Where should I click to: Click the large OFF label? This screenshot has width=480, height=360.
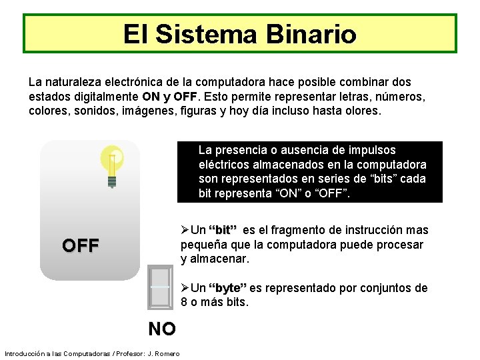click(81, 245)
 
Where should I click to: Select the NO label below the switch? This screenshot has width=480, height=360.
click(162, 329)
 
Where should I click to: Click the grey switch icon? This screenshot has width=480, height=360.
click(160, 287)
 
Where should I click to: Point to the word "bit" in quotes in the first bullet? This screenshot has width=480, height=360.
click(223, 231)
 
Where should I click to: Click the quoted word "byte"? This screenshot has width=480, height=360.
click(227, 289)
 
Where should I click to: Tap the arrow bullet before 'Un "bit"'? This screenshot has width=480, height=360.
click(185, 231)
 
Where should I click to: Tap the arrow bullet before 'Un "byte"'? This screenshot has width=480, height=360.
click(185, 289)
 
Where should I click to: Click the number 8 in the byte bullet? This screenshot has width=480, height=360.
click(185, 303)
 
